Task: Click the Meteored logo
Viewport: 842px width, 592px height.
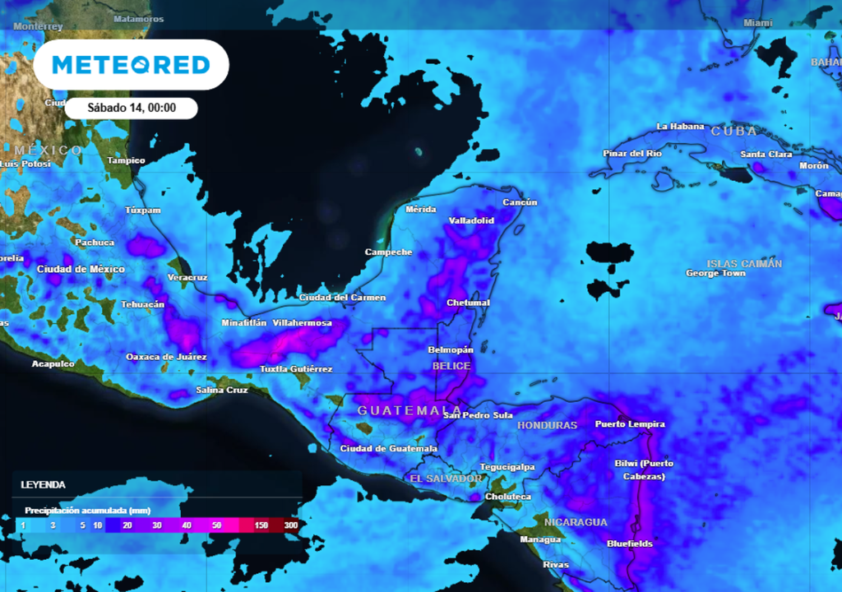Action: [x=131, y=65]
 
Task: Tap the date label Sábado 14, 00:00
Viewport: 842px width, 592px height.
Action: [x=132, y=108]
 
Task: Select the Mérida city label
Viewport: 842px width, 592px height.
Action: [x=421, y=210]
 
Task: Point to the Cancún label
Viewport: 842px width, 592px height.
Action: [x=520, y=202]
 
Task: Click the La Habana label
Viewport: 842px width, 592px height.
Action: [x=680, y=127]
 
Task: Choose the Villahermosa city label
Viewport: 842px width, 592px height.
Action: [x=303, y=323]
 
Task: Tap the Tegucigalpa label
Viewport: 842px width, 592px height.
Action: [x=507, y=467]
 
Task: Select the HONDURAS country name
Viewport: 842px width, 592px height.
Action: [x=547, y=425]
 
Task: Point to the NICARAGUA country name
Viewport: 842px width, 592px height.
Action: [x=576, y=522]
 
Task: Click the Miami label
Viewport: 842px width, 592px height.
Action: [x=758, y=23]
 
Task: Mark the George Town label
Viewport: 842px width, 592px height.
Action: [x=715, y=273]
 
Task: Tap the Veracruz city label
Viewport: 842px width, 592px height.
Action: [x=187, y=277]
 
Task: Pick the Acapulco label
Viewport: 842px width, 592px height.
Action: [x=53, y=363]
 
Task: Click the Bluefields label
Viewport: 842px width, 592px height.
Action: [x=630, y=543]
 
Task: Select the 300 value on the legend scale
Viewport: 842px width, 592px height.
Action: [x=290, y=525]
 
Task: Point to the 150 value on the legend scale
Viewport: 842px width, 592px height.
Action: [x=261, y=525]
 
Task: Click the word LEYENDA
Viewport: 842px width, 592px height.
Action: [x=44, y=485]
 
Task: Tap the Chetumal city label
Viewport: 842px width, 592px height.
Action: [x=468, y=303]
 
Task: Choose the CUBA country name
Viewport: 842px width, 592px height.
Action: [x=733, y=132]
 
